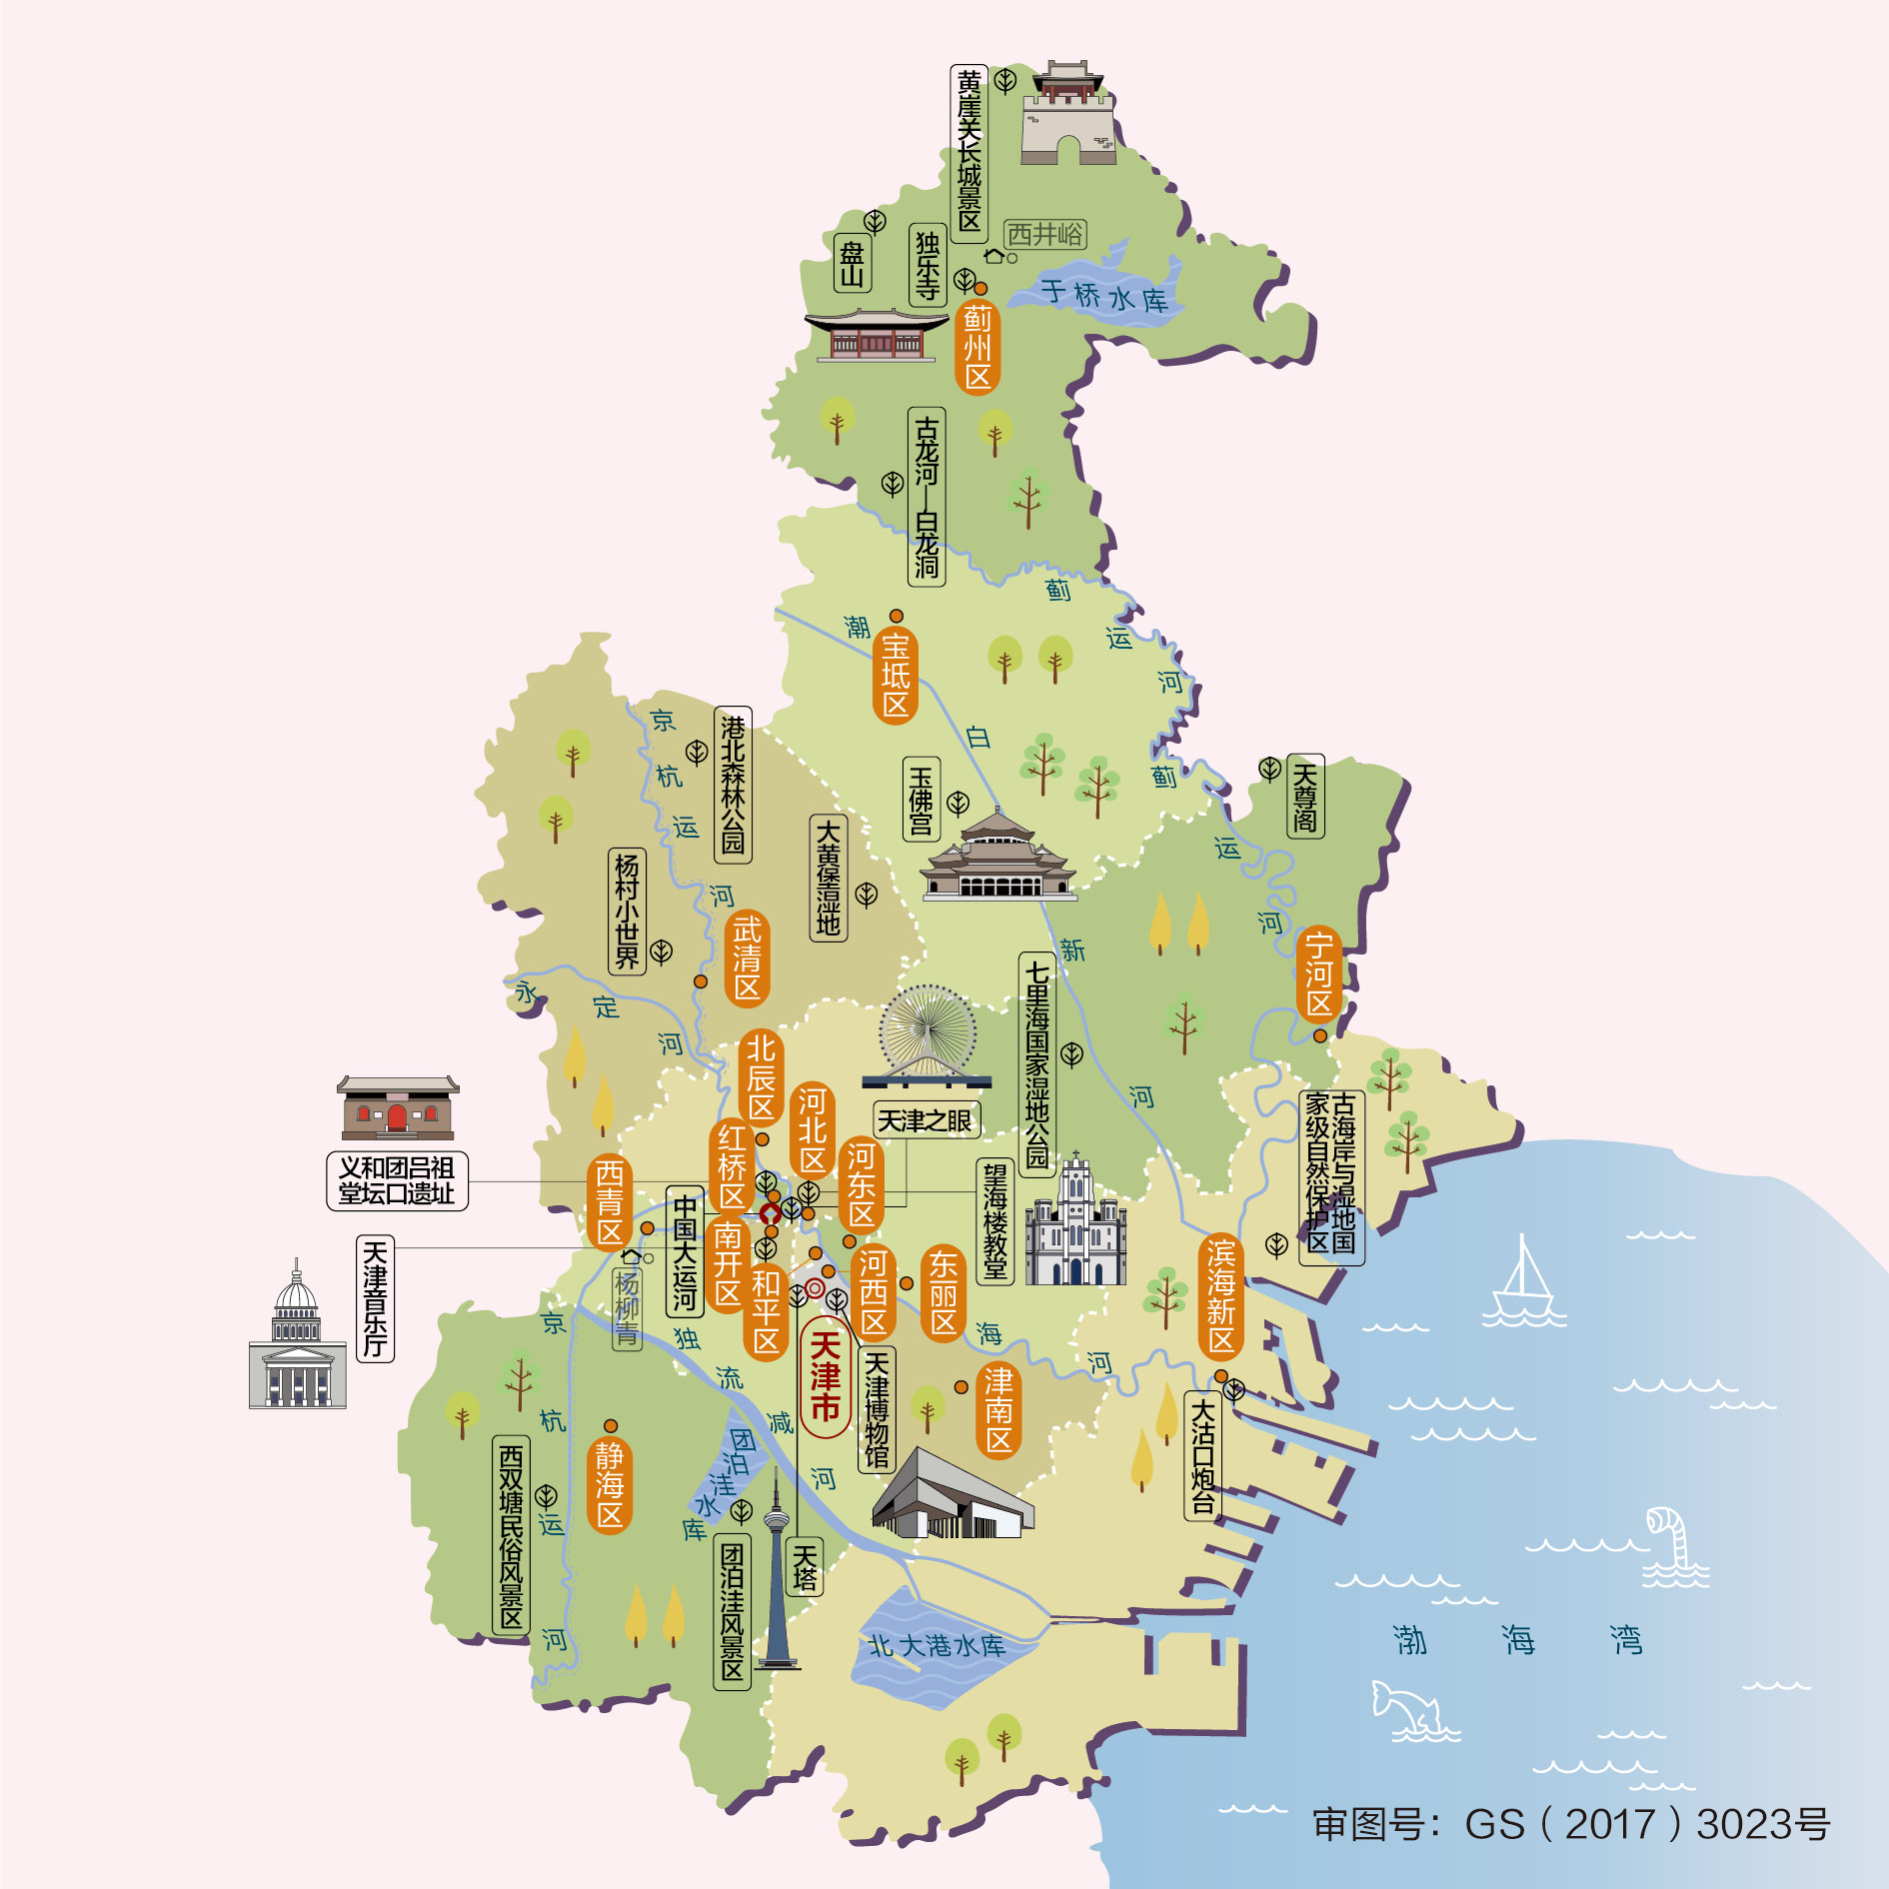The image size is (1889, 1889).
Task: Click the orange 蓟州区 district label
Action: pos(977,348)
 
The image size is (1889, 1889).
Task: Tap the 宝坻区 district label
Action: pos(896,676)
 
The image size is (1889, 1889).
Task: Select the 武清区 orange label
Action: pos(747,958)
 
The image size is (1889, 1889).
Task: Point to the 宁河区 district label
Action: pos(1318,973)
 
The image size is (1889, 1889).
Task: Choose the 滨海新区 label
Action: pos(1220,1296)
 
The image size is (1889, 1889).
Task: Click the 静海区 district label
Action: pos(610,1484)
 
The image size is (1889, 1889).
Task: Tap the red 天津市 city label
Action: pos(825,1377)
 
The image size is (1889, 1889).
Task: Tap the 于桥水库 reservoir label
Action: pos(1103,297)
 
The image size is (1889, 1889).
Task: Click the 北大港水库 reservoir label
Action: pos(937,1645)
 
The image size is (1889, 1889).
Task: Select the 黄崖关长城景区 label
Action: pos(968,152)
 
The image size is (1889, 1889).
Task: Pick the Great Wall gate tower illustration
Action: pos(1067,114)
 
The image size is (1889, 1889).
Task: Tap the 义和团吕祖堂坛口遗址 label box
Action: pos(397,1180)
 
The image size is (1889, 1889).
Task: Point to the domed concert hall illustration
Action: pos(297,1339)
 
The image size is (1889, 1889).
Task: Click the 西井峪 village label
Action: pos(1044,234)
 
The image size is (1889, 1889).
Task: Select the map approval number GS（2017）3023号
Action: pos(1570,1824)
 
